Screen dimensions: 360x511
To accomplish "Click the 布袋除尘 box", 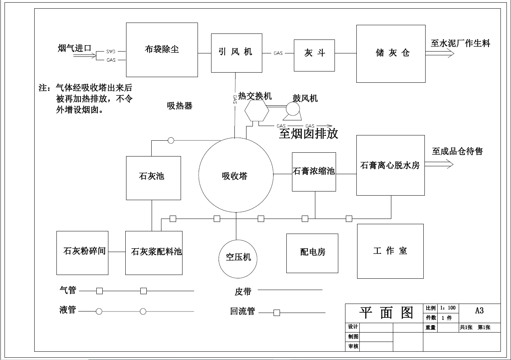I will pos(162,50).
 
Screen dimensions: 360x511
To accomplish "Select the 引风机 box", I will pos(236,53).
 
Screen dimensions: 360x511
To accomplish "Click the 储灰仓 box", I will pos(391,53).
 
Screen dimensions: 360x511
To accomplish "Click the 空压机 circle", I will pos(238,258).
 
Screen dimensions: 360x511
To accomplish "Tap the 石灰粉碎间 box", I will pos(82,253).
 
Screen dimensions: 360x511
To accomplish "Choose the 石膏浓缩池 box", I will pos(314,172).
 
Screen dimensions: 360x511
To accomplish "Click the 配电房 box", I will pos(312,253).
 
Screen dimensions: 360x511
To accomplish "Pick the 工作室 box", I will pos(390,251).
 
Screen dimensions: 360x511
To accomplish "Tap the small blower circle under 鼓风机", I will pos(292,109).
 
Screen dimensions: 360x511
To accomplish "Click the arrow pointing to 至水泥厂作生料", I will pos(440,53).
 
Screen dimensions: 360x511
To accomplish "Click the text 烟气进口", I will pos(75,48).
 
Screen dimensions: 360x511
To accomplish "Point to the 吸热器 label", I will pos(179,106).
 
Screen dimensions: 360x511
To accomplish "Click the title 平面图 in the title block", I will pos(386,313).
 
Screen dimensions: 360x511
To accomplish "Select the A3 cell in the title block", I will pos(479,311).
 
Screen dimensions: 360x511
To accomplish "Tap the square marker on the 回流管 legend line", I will pos(277,313).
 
